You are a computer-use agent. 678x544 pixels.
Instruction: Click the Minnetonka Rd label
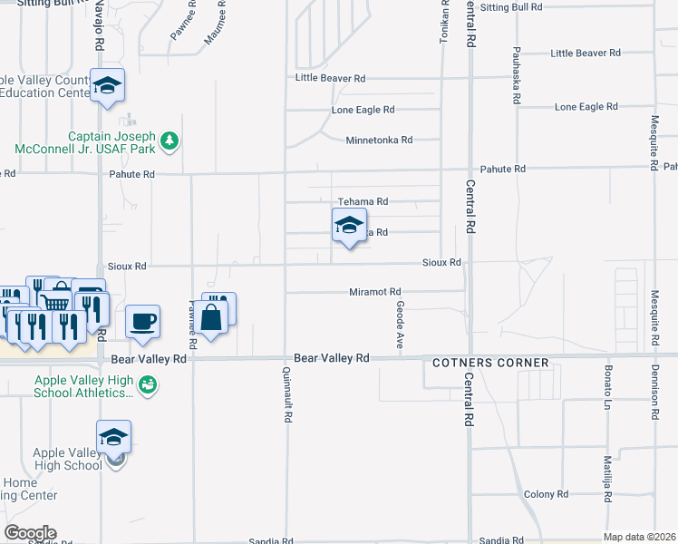(x=379, y=141)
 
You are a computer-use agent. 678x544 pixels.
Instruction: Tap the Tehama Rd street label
(x=363, y=201)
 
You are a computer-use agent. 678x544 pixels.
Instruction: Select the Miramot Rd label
(x=375, y=292)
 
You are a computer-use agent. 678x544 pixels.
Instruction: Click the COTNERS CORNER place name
(x=490, y=363)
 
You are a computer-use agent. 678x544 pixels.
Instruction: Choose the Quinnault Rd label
(x=287, y=395)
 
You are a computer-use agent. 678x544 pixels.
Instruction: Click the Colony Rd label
(x=546, y=494)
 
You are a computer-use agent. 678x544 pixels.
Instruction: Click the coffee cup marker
(x=143, y=320)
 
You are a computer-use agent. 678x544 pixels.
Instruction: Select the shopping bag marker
(x=210, y=317)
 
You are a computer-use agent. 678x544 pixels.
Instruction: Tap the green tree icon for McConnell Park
(x=169, y=141)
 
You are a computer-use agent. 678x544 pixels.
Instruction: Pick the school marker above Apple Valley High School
(x=114, y=437)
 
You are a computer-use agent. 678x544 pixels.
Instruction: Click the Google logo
(x=30, y=533)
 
